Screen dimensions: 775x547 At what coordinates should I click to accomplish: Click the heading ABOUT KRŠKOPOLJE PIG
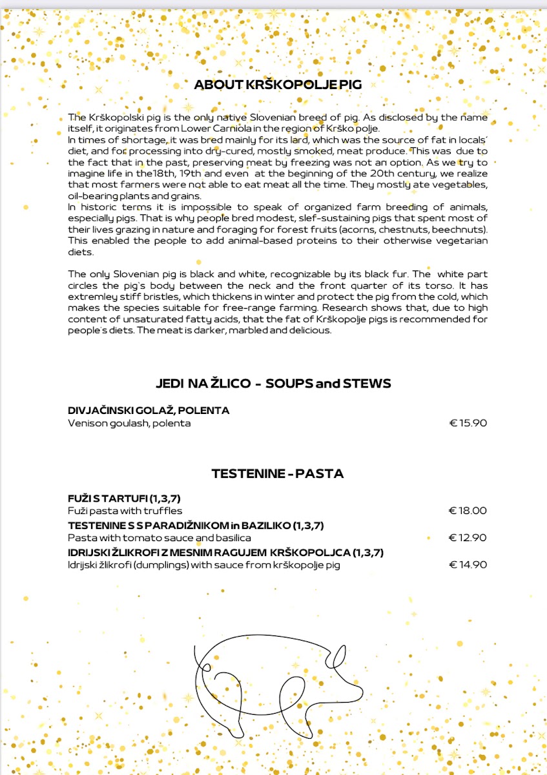click(278, 85)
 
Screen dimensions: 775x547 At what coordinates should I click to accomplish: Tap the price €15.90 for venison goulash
click(468, 424)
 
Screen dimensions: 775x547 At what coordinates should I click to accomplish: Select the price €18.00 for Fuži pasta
click(468, 511)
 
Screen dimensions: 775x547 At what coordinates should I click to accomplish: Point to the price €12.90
click(468, 538)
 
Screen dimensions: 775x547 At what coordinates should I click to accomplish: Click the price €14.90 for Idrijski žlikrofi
click(468, 565)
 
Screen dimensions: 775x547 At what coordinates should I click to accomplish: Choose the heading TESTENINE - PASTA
click(278, 474)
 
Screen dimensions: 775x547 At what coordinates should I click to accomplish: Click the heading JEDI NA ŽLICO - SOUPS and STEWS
click(273, 384)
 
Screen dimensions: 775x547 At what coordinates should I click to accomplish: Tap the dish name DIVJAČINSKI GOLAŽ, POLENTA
click(149, 411)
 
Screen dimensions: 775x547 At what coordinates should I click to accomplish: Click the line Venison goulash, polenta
click(129, 424)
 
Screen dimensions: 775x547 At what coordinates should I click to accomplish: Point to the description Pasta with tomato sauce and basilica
click(160, 538)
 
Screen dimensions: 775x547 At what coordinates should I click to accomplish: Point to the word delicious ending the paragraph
click(309, 331)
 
